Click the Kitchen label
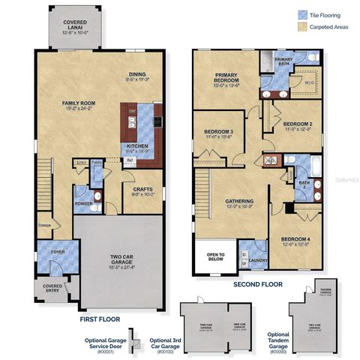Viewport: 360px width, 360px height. point(137,145)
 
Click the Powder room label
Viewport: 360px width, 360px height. point(82,202)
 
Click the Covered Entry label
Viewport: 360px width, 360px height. point(51,288)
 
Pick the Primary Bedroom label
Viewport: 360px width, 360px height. point(226,78)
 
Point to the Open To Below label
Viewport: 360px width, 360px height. point(215,256)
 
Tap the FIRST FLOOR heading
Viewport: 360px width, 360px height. point(101,319)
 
